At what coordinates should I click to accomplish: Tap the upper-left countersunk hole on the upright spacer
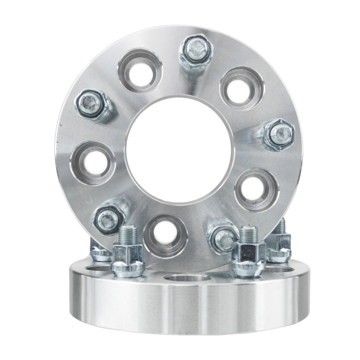pos(140,71)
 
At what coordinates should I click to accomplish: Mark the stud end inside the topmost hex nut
pos(195,47)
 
